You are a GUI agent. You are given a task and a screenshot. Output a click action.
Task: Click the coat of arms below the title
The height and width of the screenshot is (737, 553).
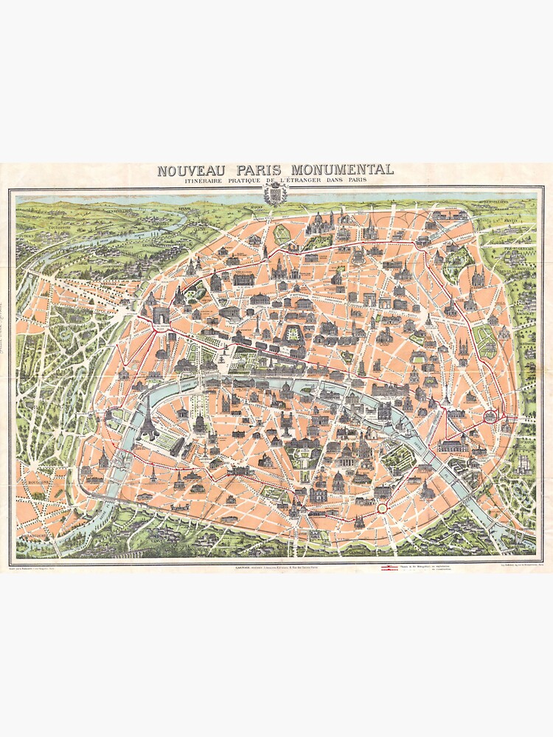click(274, 195)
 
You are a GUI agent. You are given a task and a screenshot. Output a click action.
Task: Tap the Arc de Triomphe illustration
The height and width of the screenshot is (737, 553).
click(161, 315)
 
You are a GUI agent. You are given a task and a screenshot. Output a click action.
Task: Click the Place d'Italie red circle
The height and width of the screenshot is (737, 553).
click(382, 508)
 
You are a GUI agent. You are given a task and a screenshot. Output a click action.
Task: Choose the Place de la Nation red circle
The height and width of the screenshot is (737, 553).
click(490, 417)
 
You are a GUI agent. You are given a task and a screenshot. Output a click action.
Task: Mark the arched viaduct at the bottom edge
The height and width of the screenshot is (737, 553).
click(111, 549)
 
